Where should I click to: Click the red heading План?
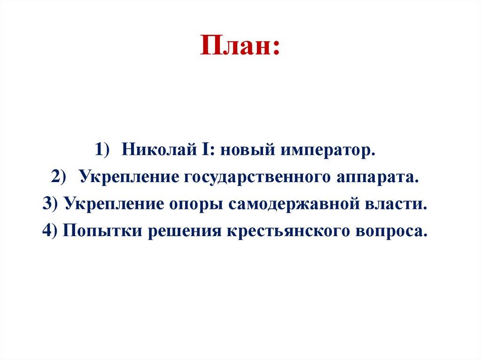[x=240, y=46]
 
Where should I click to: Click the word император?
[x=329, y=151]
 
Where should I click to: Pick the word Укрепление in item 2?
[x=129, y=177]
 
